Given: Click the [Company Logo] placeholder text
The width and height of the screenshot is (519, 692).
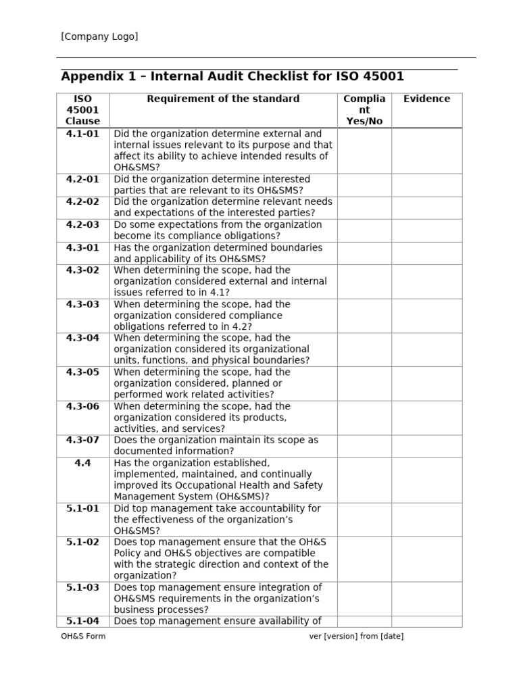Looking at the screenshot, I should click(99, 36).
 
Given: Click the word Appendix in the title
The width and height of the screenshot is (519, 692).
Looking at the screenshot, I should click(88, 76).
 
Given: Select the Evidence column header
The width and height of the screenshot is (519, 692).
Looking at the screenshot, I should click(426, 99).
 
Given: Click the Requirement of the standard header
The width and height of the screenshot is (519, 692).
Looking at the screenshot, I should click(223, 99).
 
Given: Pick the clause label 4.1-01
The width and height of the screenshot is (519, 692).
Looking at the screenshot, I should click(82, 134).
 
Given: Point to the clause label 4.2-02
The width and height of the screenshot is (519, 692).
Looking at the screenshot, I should click(82, 202).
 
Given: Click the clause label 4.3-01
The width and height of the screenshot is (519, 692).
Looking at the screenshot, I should click(82, 248).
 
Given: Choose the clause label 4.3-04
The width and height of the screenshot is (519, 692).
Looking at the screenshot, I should click(82, 338).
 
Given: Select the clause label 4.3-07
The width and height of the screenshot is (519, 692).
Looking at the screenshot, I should click(82, 440).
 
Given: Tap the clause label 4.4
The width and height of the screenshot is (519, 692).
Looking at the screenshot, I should click(82, 463).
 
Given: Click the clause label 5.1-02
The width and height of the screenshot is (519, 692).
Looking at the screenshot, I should click(82, 542).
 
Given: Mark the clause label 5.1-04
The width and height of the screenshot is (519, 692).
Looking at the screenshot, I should click(82, 621).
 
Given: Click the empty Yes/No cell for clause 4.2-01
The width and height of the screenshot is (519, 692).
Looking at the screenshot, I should click(364, 185).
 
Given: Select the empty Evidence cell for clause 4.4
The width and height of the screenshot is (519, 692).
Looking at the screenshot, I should click(426, 480).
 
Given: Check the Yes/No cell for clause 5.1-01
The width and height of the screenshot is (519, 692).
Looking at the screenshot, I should click(364, 520).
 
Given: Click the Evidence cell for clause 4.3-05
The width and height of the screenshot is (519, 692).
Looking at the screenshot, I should click(426, 384).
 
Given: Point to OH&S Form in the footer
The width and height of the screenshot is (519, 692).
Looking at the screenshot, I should click(83, 637).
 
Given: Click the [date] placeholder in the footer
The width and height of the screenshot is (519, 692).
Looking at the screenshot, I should click(392, 637).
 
